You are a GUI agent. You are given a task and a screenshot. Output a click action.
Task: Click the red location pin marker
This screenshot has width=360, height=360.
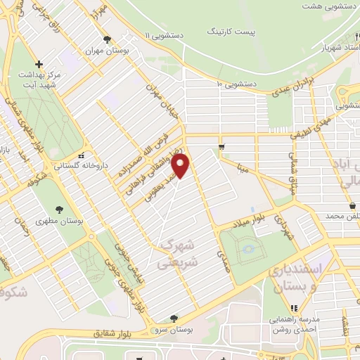click(181, 166)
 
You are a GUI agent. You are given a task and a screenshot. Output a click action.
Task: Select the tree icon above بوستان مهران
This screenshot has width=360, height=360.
click(106, 40)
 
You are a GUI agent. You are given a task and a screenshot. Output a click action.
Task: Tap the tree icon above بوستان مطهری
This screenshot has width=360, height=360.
click(58, 209)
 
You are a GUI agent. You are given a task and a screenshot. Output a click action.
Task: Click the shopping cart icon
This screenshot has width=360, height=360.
click(221, 146)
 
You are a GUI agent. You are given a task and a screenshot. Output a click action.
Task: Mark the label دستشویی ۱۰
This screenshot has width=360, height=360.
click(237, 84)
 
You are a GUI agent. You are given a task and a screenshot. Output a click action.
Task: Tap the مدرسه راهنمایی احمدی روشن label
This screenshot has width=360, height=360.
click(295, 323)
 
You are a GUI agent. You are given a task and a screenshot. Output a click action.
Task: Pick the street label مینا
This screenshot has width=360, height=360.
click(243, 168)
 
